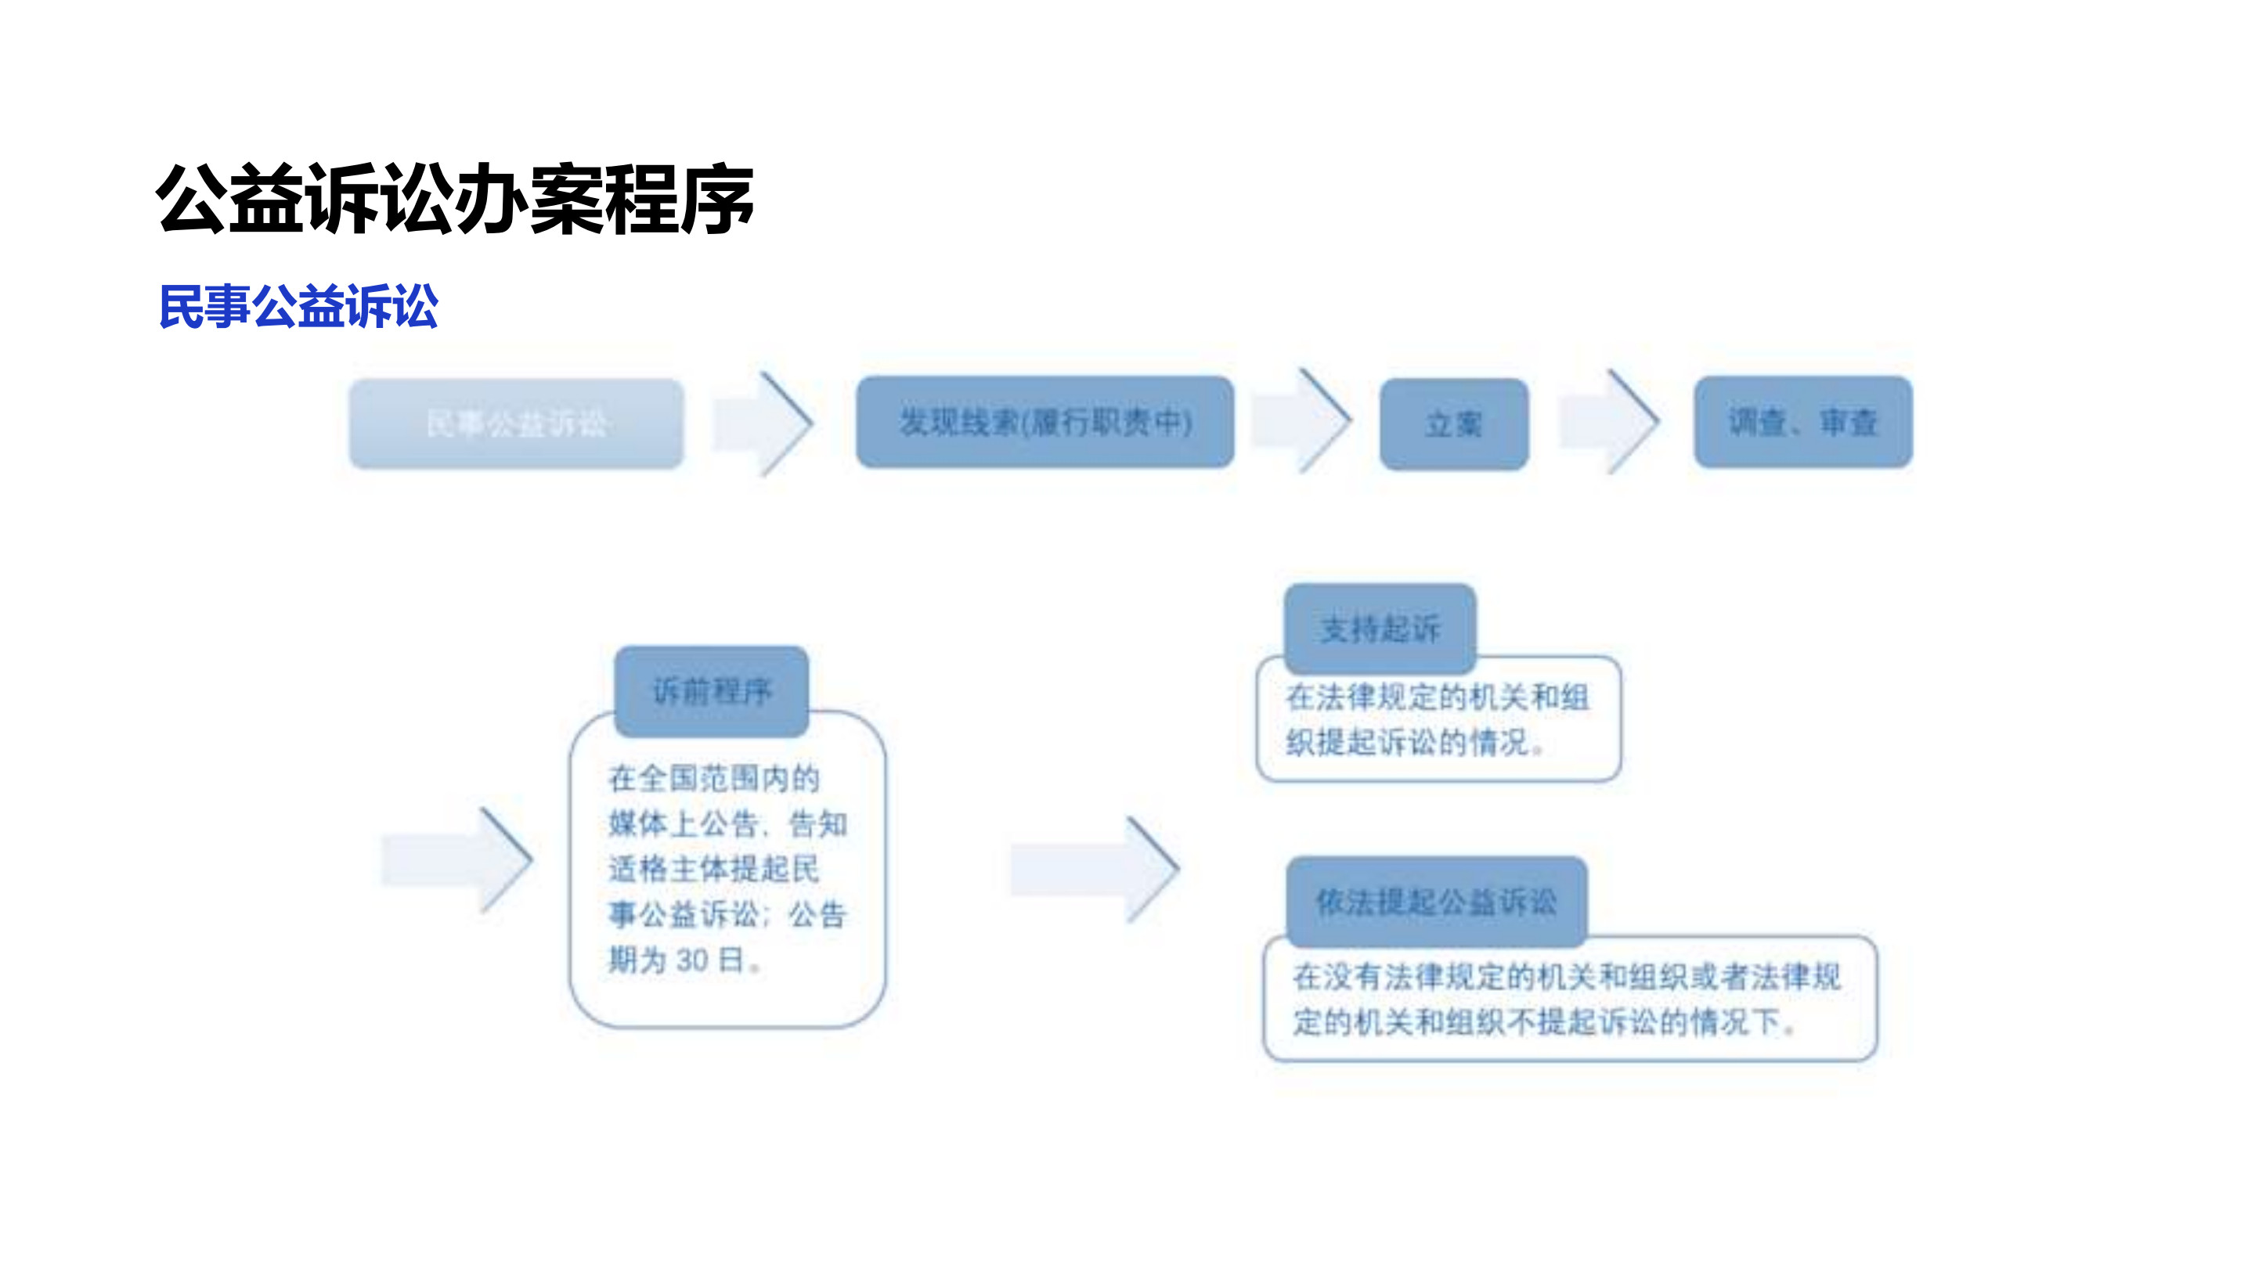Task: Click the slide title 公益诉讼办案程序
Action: coord(454,200)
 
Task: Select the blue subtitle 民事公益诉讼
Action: coord(298,306)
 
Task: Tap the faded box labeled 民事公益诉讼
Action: coord(516,423)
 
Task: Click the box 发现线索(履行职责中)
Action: coord(1045,423)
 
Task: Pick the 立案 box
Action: coord(1453,424)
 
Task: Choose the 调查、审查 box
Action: coord(1802,423)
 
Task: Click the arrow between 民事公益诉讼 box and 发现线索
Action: coord(764,423)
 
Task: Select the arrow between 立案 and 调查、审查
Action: coord(1611,422)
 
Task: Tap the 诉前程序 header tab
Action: coord(711,691)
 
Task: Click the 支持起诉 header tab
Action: coord(1380,629)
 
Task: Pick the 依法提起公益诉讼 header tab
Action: coord(1436,902)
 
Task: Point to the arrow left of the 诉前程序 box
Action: coord(458,859)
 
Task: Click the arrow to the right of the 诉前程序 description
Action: coord(1096,869)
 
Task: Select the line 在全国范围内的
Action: coord(713,778)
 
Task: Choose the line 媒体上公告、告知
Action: coord(727,823)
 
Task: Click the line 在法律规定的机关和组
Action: coord(1437,697)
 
